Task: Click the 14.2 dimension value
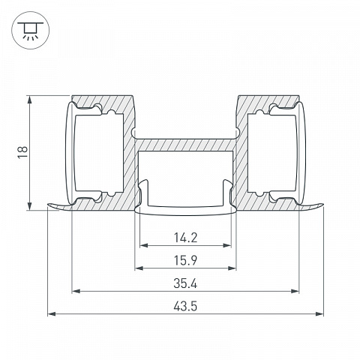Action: coord(185,238)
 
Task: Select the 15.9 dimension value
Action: coord(185,260)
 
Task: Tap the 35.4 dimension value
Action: coord(185,283)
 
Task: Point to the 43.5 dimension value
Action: coord(185,306)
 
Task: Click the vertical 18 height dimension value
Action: coord(22,152)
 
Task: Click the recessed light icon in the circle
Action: coord(30,31)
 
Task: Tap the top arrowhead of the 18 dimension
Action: coord(30,100)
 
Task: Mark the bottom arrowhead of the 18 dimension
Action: coord(30,206)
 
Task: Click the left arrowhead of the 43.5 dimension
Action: coord(52,313)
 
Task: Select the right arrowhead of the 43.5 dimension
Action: coord(319,313)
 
